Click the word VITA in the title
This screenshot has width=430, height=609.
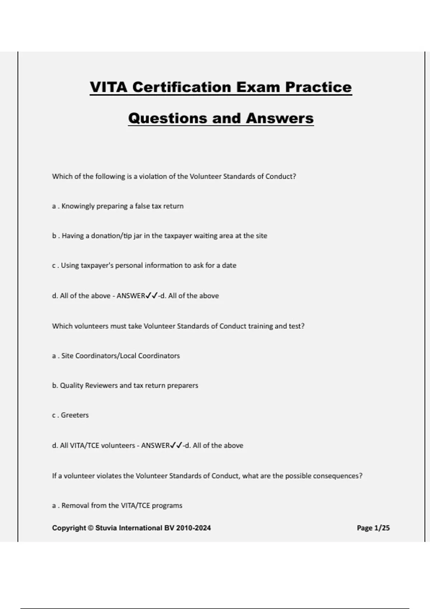click(109, 87)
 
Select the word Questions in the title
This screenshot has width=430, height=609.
click(167, 118)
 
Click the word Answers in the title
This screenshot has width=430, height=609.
click(280, 118)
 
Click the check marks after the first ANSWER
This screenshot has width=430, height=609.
click(152, 296)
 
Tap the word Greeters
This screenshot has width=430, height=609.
click(75, 415)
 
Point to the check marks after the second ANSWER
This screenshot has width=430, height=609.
click(176, 445)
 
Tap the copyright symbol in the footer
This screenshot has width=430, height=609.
click(91, 528)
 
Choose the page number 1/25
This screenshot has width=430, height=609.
click(382, 528)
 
